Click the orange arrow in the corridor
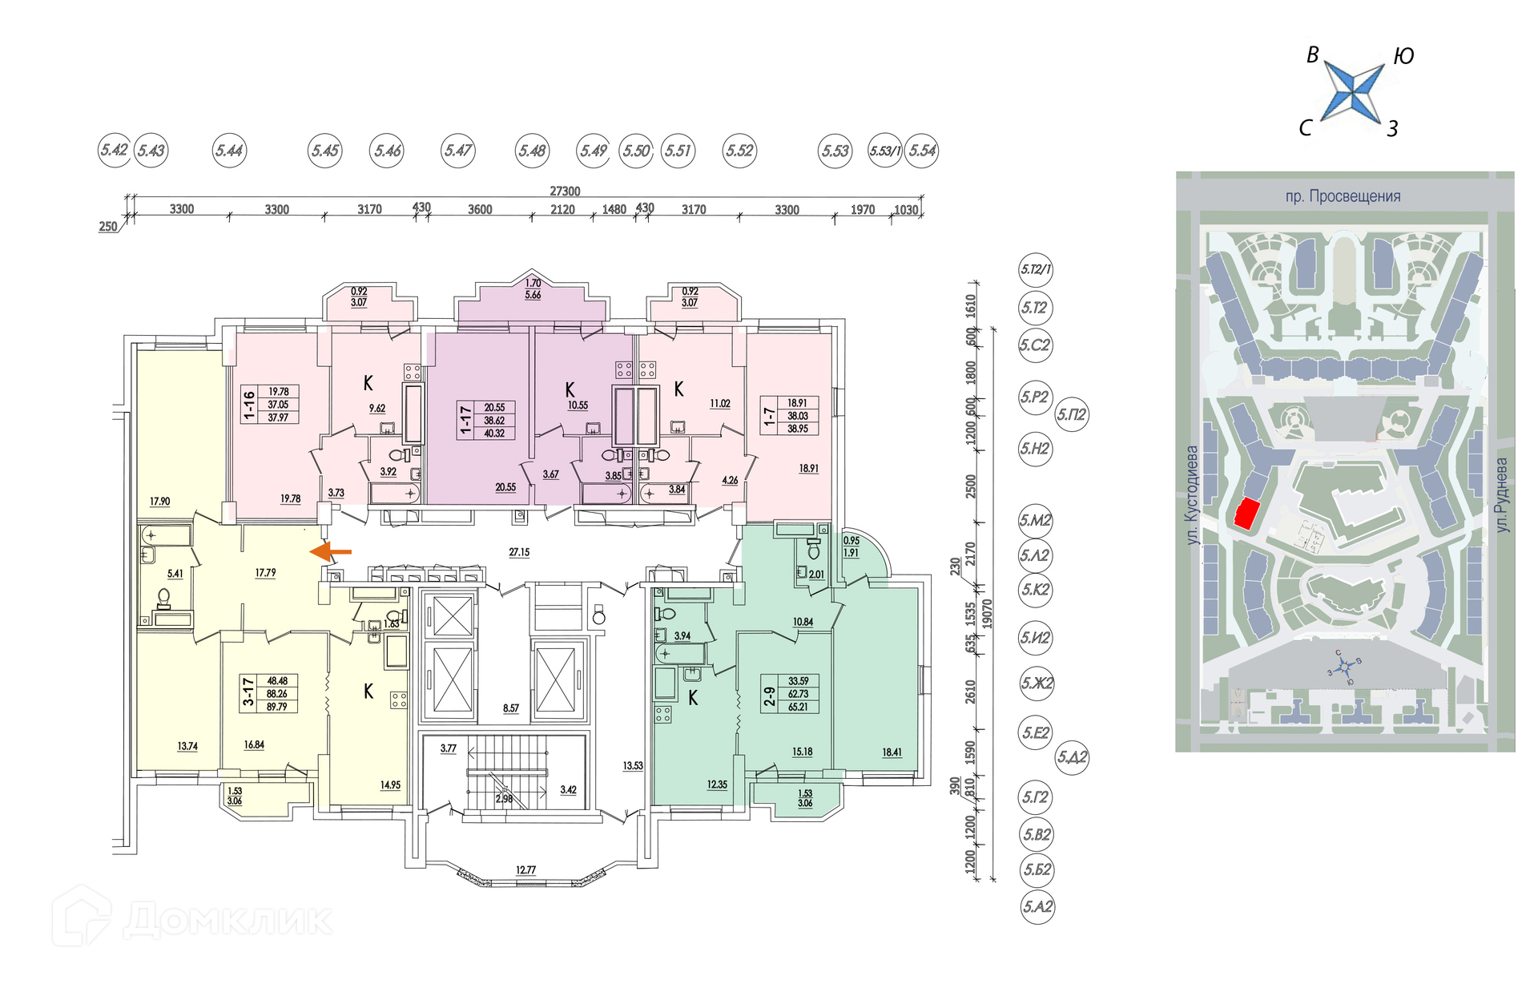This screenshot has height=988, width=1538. click(x=330, y=551)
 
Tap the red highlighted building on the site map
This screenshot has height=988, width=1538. click(x=1245, y=513)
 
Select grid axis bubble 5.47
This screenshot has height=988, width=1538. click(x=458, y=151)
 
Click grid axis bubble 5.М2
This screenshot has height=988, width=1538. click(x=1035, y=521)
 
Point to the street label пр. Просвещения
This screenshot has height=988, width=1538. click(x=1343, y=196)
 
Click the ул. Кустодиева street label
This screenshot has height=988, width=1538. click(x=1192, y=495)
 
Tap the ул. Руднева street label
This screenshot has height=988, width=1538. click(x=1501, y=495)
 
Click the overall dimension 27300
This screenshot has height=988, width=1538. click(x=565, y=191)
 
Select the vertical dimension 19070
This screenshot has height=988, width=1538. click(x=987, y=614)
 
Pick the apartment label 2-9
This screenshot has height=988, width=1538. click(x=769, y=694)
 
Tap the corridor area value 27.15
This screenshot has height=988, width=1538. click(x=519, y=552)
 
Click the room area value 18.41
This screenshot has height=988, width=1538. click(x=892, y=752)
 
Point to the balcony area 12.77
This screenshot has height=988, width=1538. click(x=525, y=869)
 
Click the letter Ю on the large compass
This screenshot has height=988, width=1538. click(x=1403, y=56)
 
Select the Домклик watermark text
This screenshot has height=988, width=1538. click(x=227, y=920)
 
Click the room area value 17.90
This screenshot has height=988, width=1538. click(x=159, y=502)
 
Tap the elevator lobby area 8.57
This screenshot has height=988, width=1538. click(x=511, y=708)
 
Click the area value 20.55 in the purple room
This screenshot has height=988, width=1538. click(x=505, y=487)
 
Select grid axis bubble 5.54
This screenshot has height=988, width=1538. click(x=922, y=151)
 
